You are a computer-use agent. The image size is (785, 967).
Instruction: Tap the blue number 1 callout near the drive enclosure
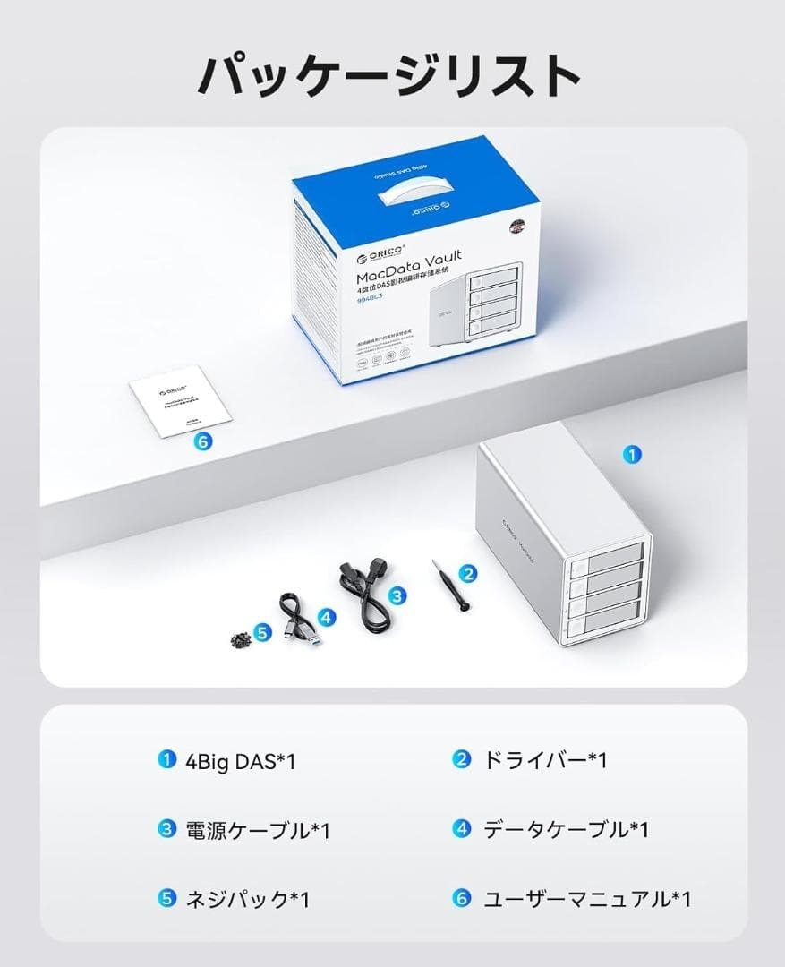(x=632, y=455)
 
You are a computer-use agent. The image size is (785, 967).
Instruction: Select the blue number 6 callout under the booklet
(x=201, y=441)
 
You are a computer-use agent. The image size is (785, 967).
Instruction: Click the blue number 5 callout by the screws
(x=262, y=632)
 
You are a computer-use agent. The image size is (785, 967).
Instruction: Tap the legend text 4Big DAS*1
(x=239, y=761)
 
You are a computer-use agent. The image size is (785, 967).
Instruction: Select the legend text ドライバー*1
(x=545, y=761)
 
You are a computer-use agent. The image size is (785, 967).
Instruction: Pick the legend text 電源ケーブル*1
(x=257, y=830)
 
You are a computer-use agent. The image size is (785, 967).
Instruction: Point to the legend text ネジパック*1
(x=246, y=899)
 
